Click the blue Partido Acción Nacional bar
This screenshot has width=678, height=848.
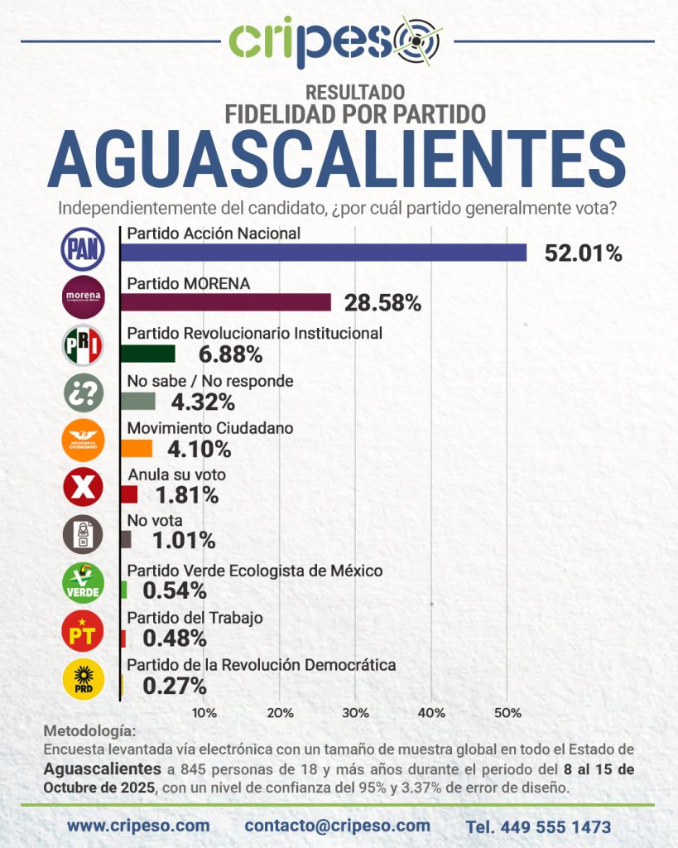point(323,253)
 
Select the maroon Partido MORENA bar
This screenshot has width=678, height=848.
point(225,302)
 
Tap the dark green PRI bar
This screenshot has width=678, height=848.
point(147,354)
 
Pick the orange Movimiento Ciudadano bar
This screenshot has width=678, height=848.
point(136,449)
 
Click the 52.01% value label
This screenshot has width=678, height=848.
point(583,253)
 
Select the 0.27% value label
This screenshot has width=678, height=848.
point(175,686)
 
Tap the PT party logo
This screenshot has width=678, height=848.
point(84,633)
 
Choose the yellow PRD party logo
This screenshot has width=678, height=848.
point(84,681)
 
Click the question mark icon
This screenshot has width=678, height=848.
point(84,393)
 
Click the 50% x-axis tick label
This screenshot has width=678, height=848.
point(507,713)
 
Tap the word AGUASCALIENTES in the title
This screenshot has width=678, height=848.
point(338,160)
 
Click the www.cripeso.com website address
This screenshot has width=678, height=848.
point(138,826)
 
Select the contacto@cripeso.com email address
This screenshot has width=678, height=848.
point(338,826)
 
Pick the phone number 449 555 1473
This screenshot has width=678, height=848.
point(538,826)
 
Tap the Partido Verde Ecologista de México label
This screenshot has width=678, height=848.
point(254,571)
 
